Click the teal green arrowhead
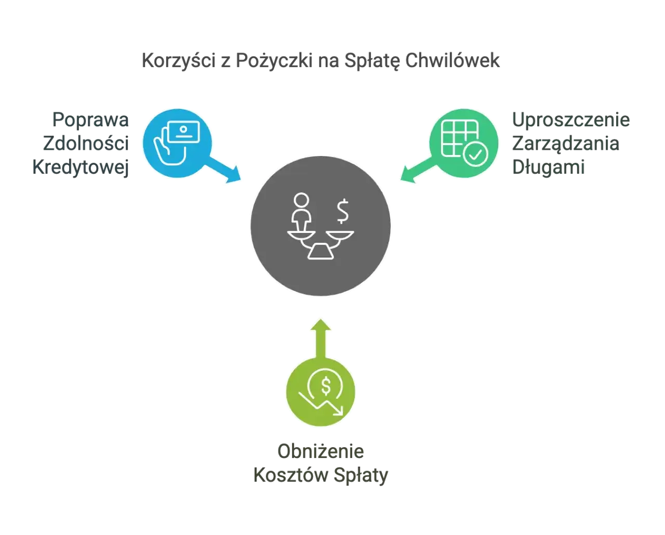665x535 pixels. (405, 175)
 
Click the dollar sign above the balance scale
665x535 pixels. (342, 211)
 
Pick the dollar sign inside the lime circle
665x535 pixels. (326, 386)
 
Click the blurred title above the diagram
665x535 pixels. (322, 61)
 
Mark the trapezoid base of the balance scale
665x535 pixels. (321, 252)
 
